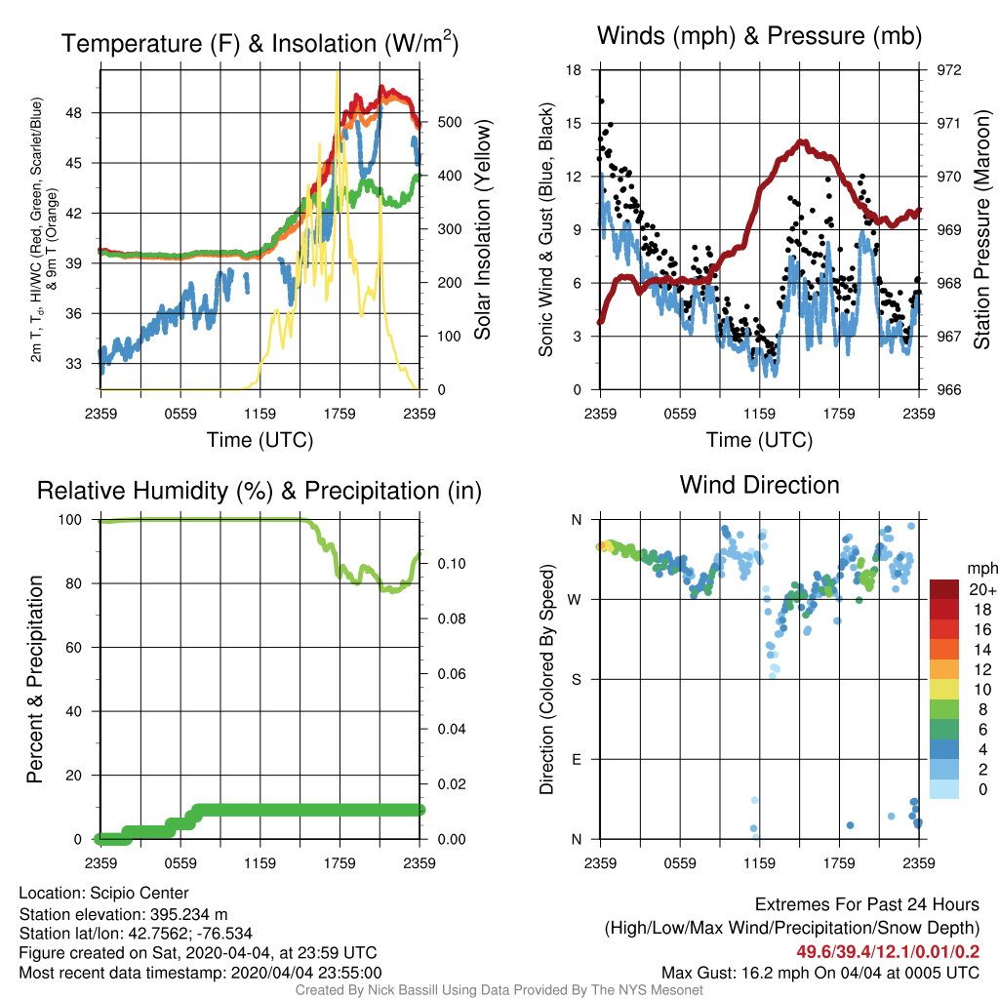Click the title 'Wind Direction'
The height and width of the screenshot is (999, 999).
pyautogui.click(x=759, y=486)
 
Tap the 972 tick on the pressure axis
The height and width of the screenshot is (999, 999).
pyautogui.click(x=948, y=70)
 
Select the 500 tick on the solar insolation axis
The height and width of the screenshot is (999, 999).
pyautogui.click(x=449, y=122)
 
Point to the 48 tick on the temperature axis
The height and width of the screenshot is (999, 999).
pyautogui.click(x=74, y=113)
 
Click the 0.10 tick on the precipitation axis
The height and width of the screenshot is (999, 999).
pyautogui.click(x=451, y=564)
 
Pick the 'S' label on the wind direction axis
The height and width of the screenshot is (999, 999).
pyautogui.click(x=577, y=680)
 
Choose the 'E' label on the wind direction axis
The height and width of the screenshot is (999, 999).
pyautogui.click(x=577, y=759)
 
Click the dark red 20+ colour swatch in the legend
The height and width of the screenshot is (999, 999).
pyautogui.click(x=944, y=589)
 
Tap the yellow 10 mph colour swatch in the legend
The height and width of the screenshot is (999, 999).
pyautogui.click(x=944, y=690)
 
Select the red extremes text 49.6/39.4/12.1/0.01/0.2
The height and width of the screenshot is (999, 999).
pyautogui.click(x=888, y=952)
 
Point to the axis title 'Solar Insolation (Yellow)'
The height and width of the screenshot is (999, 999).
pyautogui.click(x=483, y=230)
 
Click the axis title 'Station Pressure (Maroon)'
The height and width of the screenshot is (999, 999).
pyautogui.click(x=981, y=230)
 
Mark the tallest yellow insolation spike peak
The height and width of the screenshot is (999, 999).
pyautogui.click(x=337, y=72)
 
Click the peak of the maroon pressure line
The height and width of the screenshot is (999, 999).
pyautogui.click(x=804, y=142)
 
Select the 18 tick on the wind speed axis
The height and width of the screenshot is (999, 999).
pyautogui.click(x=574, y=70)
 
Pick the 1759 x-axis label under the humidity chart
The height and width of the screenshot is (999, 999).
pyautogui.click(x=340, y=863)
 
